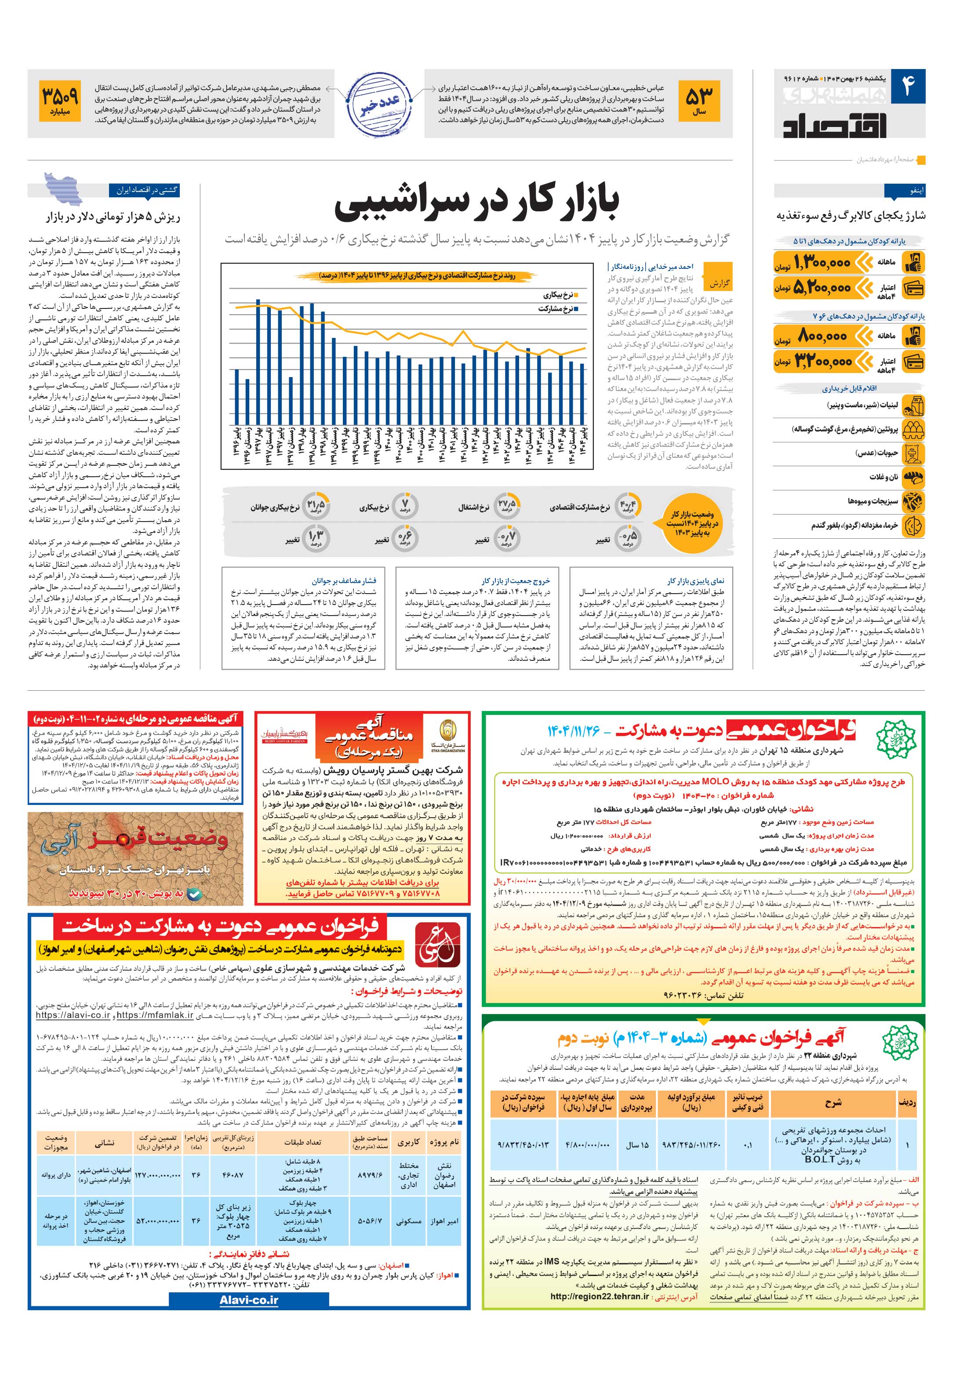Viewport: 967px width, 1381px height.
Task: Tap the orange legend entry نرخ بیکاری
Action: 560,295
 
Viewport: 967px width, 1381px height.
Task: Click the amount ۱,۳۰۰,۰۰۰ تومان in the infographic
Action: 822,262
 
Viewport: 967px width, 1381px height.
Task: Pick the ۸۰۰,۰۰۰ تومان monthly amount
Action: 822,336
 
